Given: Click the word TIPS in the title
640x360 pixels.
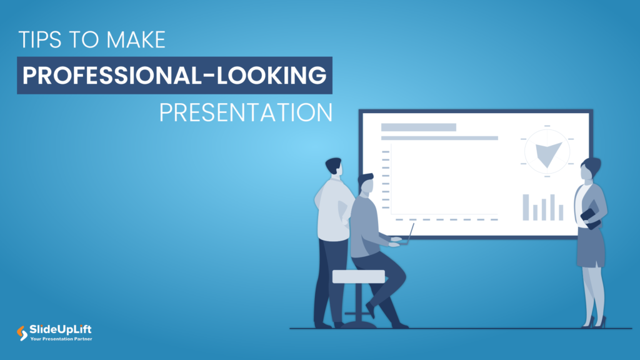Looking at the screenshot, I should [39, 41].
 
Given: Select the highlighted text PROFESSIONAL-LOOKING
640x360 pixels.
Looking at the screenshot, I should [174, 76].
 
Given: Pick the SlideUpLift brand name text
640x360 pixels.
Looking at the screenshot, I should [61, 329].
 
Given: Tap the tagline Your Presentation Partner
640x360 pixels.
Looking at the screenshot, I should [61, 339].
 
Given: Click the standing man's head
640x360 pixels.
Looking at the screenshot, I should [334, 167].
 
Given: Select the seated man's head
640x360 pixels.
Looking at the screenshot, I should [366, 184].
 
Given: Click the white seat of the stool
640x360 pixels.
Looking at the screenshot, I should [358, 276].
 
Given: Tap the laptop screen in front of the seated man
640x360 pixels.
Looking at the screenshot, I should [411, 232].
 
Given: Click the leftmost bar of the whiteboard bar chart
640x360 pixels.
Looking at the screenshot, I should [526, 207].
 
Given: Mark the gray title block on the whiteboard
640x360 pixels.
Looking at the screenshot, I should [418, 127].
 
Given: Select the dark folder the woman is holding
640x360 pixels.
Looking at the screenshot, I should [591, 218].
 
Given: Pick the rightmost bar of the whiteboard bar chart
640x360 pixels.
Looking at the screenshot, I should [561, 212].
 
